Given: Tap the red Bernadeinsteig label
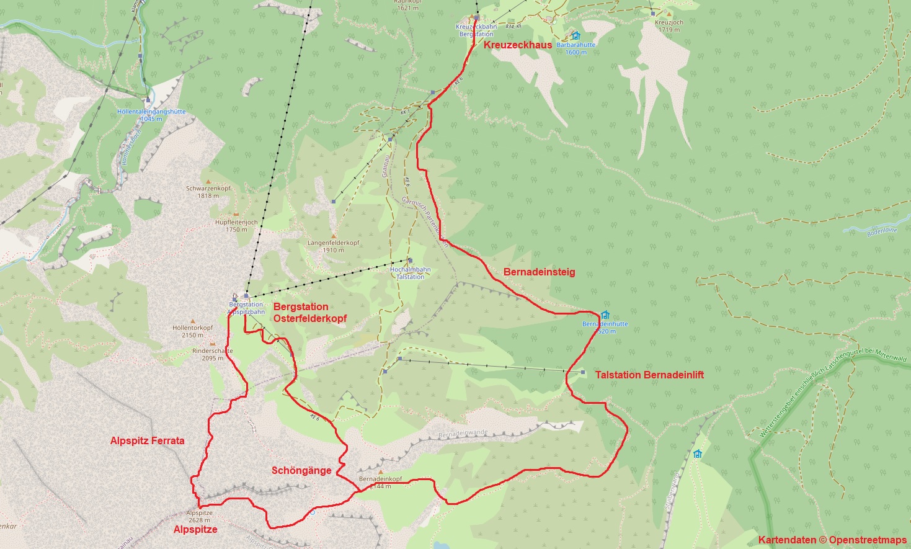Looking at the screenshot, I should point(539,272).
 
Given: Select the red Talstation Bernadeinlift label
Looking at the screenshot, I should point(649,375).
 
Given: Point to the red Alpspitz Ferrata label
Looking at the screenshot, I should point(147,440).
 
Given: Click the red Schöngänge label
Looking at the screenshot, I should point(301,470).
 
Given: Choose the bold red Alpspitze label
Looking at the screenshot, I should point(195,529).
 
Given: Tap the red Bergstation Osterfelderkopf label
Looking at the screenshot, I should point(309,312).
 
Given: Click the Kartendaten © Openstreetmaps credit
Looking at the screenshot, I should point(832,540).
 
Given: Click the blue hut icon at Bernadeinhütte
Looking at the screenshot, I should point(605,315).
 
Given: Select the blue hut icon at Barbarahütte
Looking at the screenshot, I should point(575,36).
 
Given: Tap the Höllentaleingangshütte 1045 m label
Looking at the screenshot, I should point(151,115).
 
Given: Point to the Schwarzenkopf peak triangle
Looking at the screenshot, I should point(208,181).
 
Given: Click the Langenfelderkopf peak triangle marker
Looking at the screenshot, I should point(333,236).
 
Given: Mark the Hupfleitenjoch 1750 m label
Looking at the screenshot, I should point(236,225).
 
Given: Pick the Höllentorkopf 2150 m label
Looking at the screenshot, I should point(192,331).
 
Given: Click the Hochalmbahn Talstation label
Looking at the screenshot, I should point(410,273).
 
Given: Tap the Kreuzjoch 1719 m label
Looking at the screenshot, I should point(669,25).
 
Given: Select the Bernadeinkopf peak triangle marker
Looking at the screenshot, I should point(380,472).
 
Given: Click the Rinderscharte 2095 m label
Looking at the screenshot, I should point(212,354).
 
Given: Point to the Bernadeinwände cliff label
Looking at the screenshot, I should point(463,433).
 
